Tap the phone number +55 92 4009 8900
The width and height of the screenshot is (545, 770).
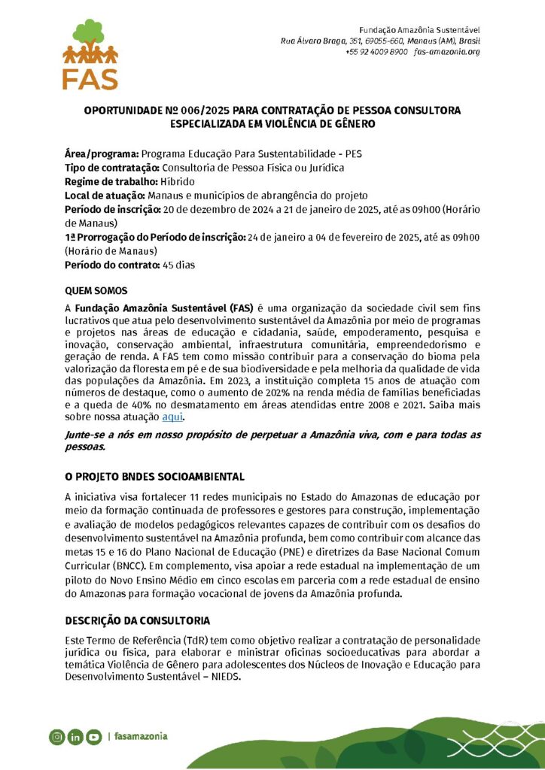(376, 52)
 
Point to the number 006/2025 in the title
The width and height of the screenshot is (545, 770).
(185, 111)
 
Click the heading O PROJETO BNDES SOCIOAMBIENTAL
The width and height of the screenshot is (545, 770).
(154, 477)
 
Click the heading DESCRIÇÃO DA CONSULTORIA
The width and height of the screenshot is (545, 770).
(137, 620)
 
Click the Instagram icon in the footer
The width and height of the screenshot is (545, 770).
(56, 737)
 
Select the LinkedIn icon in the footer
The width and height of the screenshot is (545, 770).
(75, 737)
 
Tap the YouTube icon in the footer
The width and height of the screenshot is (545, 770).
(94, 737)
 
